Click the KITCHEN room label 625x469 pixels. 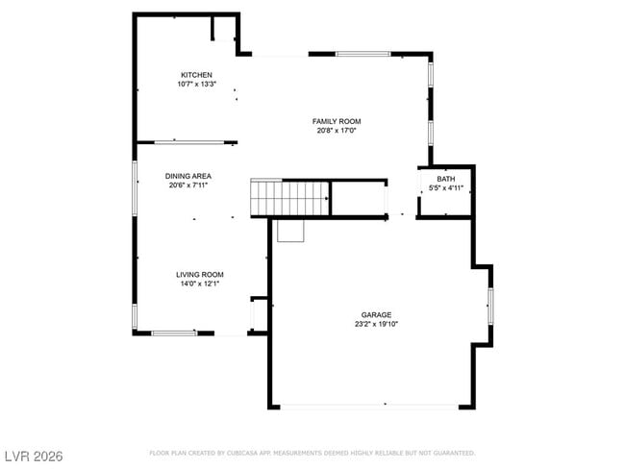196,75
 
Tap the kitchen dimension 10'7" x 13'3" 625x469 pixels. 196,85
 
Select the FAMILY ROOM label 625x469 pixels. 337,121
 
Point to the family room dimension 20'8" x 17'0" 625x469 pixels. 337,131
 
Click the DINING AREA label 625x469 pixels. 187,176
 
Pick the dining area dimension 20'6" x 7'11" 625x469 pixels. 187,185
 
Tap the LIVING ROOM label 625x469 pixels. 199,274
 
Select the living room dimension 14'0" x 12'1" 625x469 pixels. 199,284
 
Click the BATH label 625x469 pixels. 446,179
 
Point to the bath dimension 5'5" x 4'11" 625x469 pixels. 446,187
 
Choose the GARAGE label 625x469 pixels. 376,314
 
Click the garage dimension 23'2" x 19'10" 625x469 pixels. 376,324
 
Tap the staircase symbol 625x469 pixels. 290,198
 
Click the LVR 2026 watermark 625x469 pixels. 33,454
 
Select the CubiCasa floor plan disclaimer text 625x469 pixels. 312,453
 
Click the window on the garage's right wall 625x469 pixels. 490,304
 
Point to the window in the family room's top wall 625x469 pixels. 362,54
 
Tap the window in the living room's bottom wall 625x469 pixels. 174,333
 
